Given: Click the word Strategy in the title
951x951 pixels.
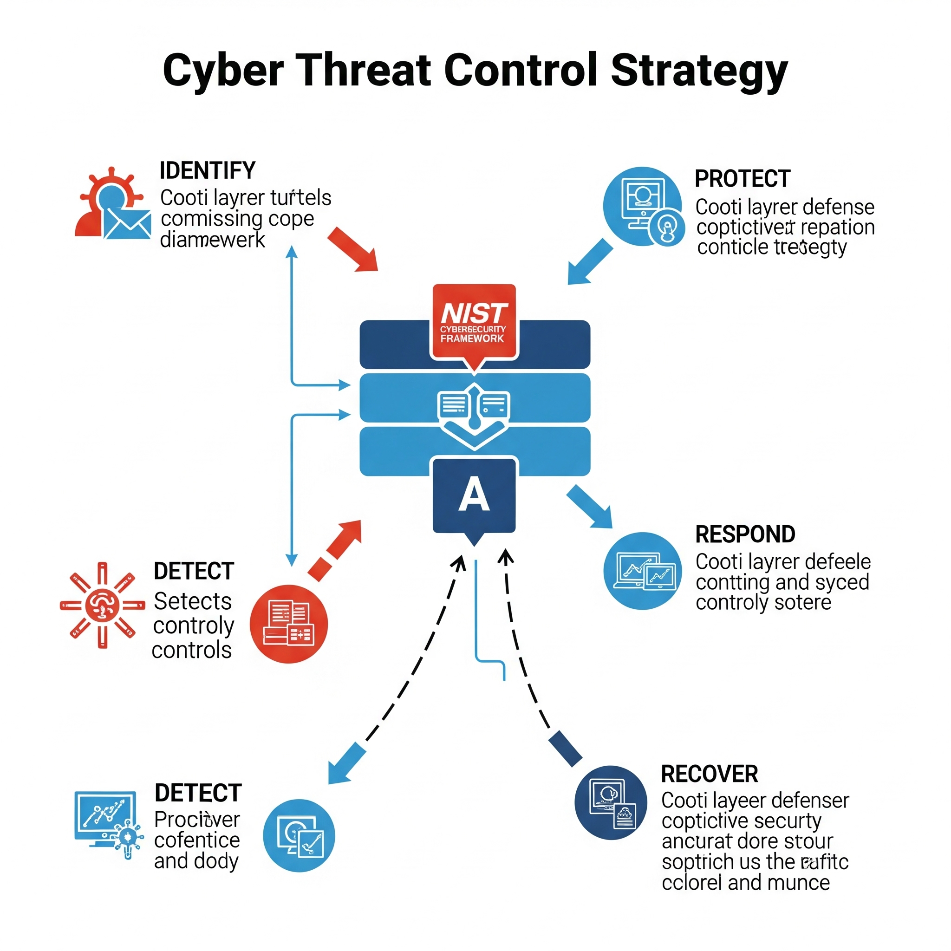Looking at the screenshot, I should (699, 72).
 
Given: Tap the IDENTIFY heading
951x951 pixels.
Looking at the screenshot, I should (207, 171).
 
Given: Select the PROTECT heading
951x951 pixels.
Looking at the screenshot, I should (743, 179).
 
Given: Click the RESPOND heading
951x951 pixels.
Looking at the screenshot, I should (745, 534).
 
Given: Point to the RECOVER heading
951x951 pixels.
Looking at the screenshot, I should (710, 774).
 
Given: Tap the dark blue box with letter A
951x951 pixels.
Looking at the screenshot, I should (474, 495).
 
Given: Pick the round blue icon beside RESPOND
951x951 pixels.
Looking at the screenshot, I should (642, 571).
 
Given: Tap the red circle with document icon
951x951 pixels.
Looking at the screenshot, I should (288, 624).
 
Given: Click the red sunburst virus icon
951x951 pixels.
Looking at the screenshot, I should (102, 605).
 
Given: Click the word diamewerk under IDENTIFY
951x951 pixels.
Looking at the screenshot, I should (212, 240).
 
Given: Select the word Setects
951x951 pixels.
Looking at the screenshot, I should (192, 601).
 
